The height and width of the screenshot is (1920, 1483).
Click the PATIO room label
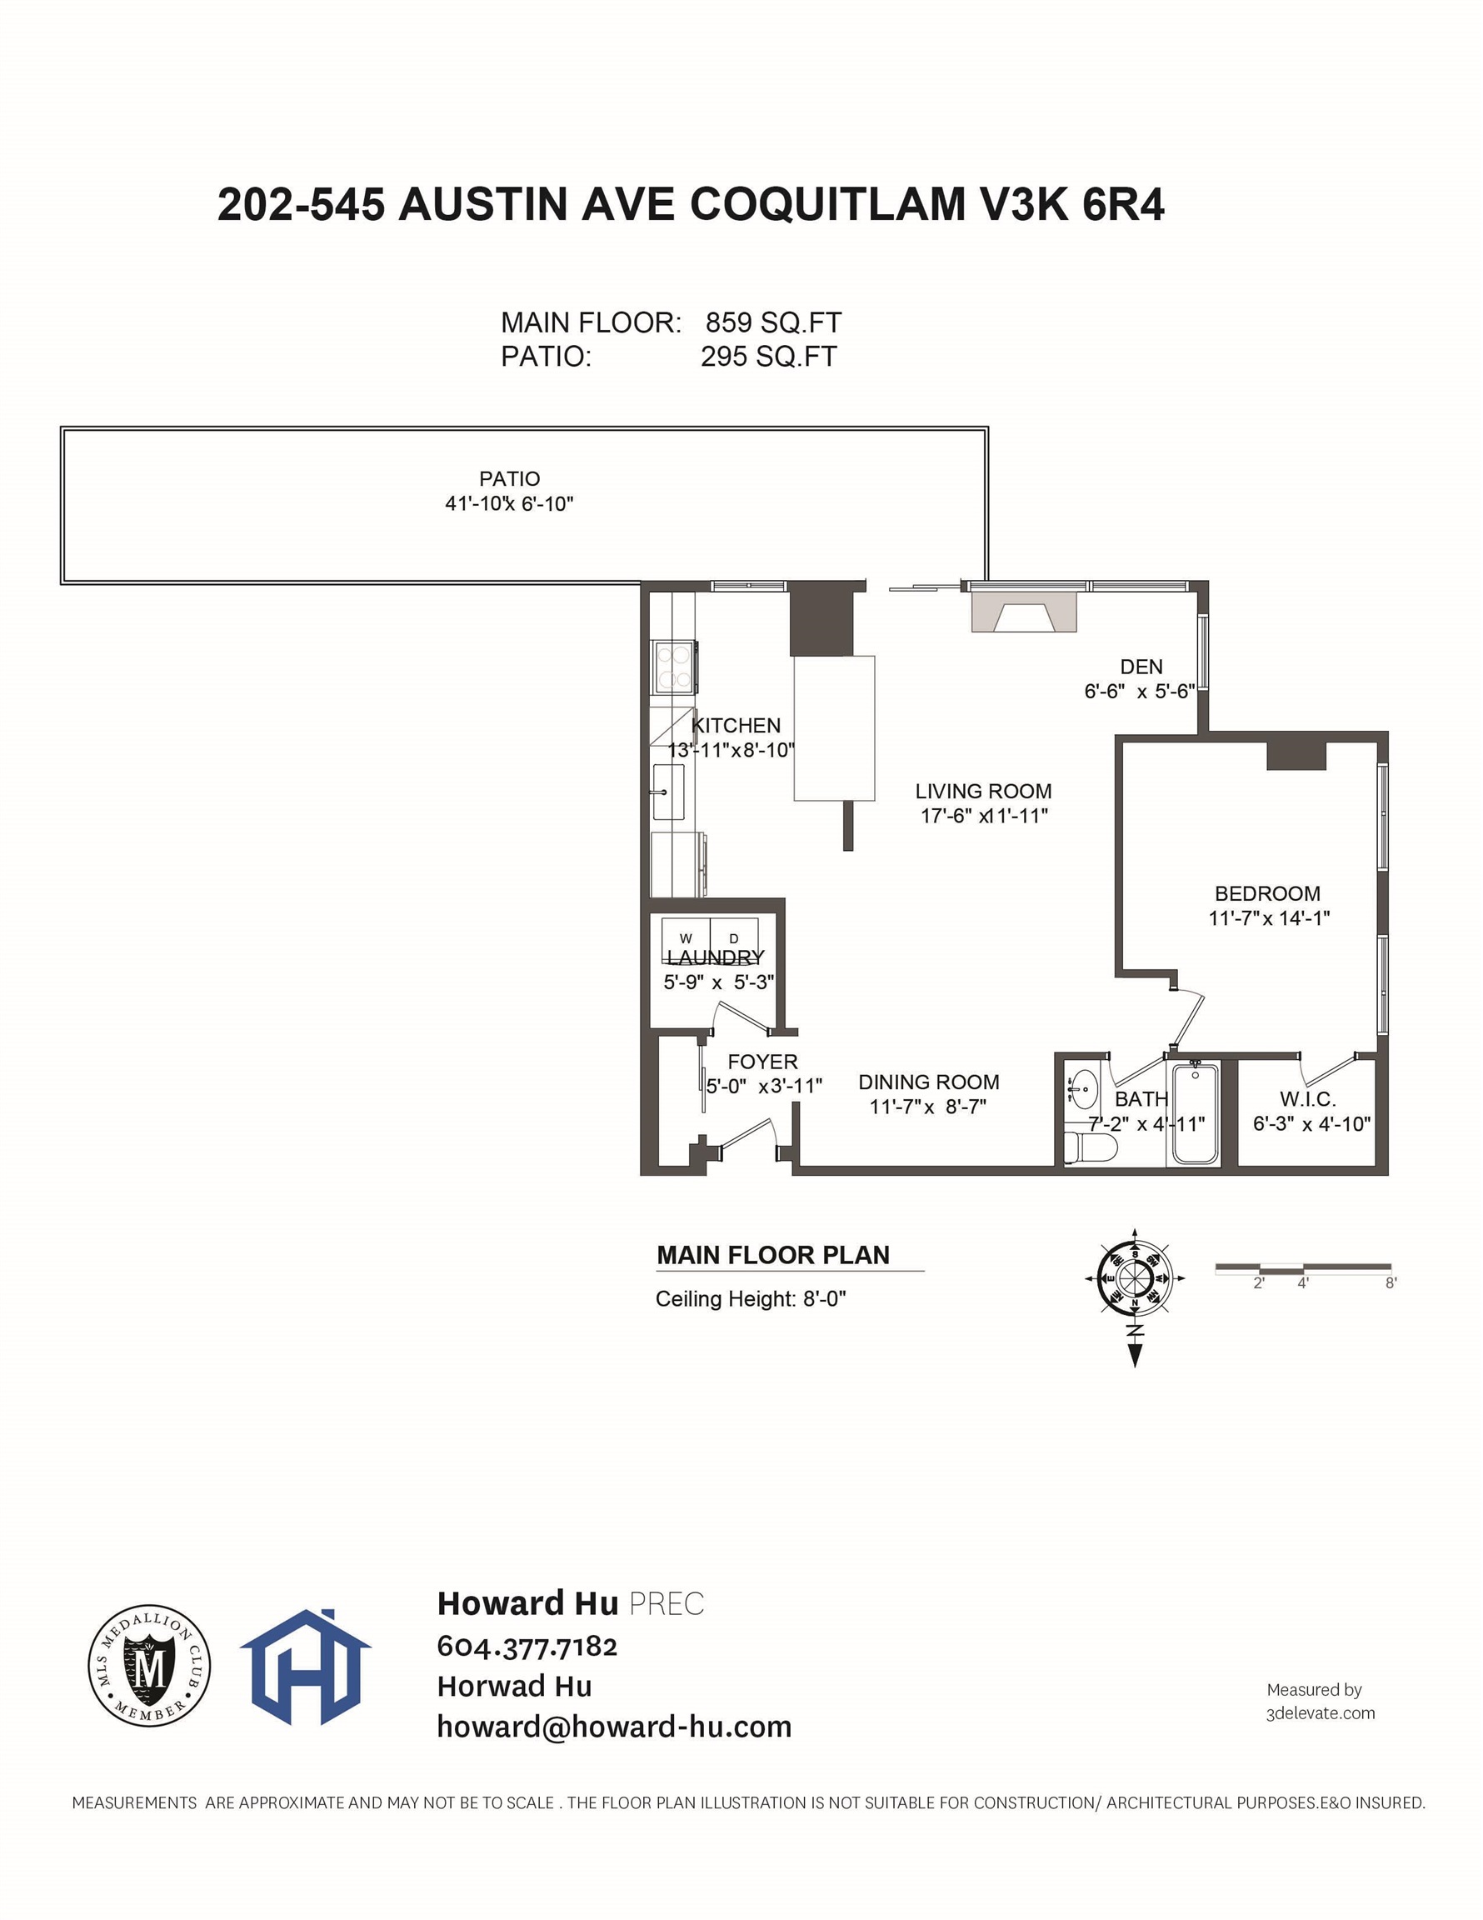coord(509,479)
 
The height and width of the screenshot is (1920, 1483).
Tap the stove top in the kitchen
coord(675,667)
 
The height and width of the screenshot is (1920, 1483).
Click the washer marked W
coord(686,939)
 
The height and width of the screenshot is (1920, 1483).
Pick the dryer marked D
coord(734,939)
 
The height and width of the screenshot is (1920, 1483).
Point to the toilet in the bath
coord(1090,1147)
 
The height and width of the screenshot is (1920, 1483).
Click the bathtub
coord(1195,1114)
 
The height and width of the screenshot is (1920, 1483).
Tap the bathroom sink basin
coord(1084,1090)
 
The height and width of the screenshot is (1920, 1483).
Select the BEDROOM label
coord(1266,893)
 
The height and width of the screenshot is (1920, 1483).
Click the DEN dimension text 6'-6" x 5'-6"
coord(1138,692)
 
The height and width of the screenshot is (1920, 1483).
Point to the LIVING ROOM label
coord(983,791)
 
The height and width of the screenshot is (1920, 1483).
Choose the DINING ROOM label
coord(928,1082)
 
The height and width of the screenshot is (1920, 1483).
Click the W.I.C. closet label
coord(1308,1099)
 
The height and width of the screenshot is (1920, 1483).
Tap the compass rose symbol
coord(1135,1277)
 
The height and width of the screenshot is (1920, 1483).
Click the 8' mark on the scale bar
coord(1391,1283)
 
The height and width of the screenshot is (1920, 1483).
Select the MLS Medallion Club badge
coord(148,1665)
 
